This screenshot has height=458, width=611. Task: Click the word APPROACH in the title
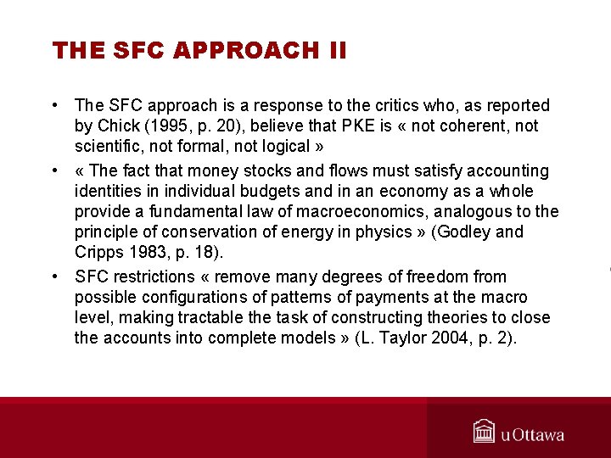[245, 51]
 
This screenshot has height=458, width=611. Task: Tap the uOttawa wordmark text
[532, 435]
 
